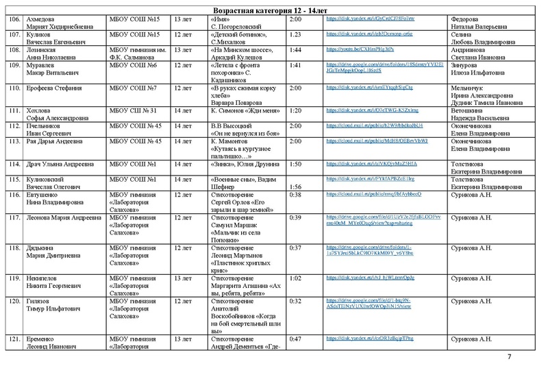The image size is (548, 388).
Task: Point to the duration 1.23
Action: point(296,34)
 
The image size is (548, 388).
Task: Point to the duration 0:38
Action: point(295,195)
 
